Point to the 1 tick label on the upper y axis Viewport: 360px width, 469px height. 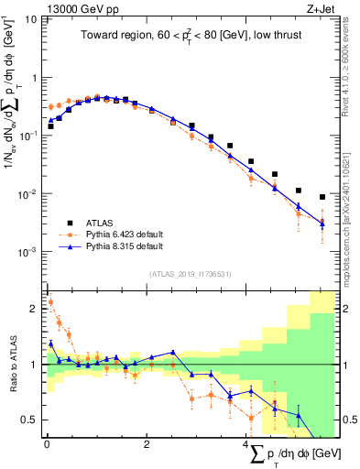click(36, 78)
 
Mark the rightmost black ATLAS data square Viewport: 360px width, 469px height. click(322, 197)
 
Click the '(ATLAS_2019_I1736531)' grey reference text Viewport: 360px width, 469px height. click(190, 273)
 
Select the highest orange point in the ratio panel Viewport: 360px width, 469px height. click(50, 301)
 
